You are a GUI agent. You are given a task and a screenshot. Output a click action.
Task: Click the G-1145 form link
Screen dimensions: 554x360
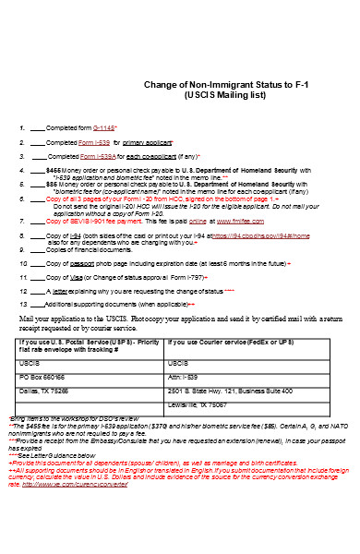tap(106, 127)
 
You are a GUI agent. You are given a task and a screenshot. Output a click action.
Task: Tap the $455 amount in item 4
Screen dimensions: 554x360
tap(53, 171)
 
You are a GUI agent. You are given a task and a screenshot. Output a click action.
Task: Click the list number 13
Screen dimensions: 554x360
tap(23, 304)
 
